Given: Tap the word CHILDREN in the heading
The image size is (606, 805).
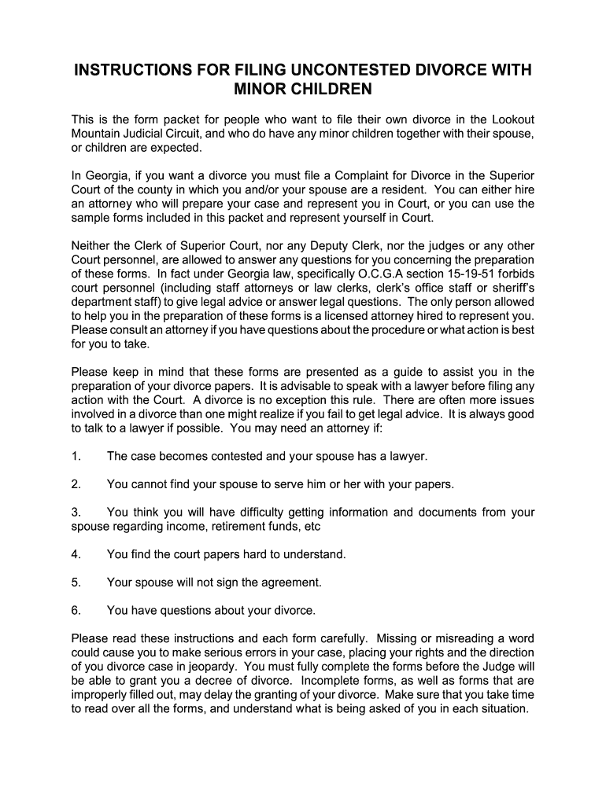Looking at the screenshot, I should pyautogui.click(x=327, y=90).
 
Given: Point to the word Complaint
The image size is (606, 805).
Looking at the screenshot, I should pyautogui.click(x=369, y=175).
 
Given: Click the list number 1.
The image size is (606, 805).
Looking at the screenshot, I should pyautogui.click(x=76, y=456).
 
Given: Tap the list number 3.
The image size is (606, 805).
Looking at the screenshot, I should pyautogui.click(x=76, y=513).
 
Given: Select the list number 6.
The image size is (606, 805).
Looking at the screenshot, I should pyautogui.click(x=76, y=610).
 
